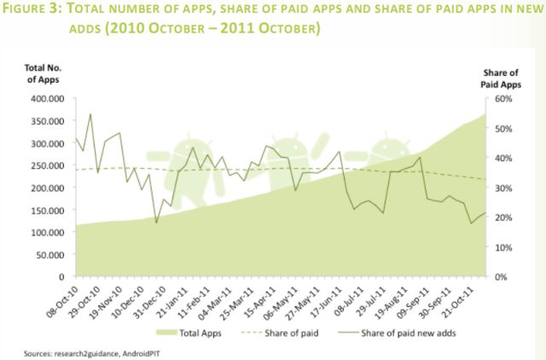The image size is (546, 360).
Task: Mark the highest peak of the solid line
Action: coord(90,113)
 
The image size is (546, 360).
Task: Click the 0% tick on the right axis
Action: coord(503,277)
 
